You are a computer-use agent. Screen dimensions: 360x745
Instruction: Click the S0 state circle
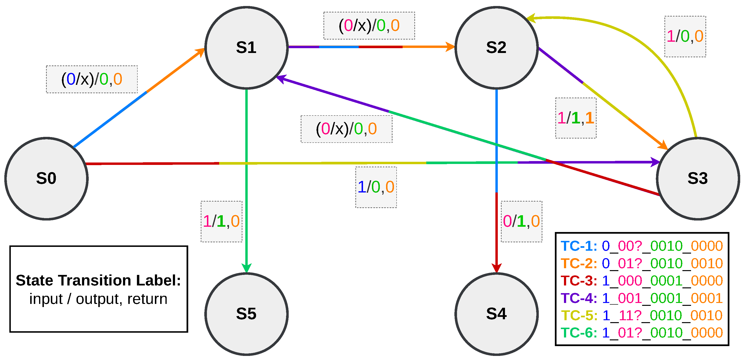pyautogui.click(x=46, y=178)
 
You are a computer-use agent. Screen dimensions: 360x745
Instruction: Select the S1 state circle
pyautogui.click(x=246, y=47)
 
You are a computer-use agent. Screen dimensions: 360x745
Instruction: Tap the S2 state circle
pyautogui.click(x=496, y=47)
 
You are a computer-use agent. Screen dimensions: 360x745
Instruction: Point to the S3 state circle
pyautogui.click(x=698, y=178)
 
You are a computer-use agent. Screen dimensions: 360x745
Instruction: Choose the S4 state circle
pyautogui.click(x=496, y=314)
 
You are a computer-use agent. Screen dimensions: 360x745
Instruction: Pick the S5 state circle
pyautogui.click(x=246, y=314)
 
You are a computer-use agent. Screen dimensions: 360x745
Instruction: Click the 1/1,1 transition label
pyautogui.click(x=575, y=118)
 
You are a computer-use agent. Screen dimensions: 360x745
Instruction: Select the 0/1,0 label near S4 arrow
pyautogui.click(x=521, y=221)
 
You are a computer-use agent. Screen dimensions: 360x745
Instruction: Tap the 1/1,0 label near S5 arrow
pyautogui.click(x=221, y=221)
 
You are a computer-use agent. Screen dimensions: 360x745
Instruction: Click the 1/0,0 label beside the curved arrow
pyautogui.click(x=685, y=36)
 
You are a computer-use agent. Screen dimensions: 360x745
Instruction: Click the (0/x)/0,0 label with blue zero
pyautogui.click(x=92, y=79)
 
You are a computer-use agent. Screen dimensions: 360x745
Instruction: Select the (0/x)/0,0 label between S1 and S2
pyautogui.click(x=369, y=25)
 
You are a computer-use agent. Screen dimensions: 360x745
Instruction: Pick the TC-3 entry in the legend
pyautogui.click(x=641, y=281)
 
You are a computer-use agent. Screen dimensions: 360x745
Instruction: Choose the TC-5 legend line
pyautogui.click(x=641, y=315)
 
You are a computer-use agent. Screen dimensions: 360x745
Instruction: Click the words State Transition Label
pyautogui.click(x=98, y=280)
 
